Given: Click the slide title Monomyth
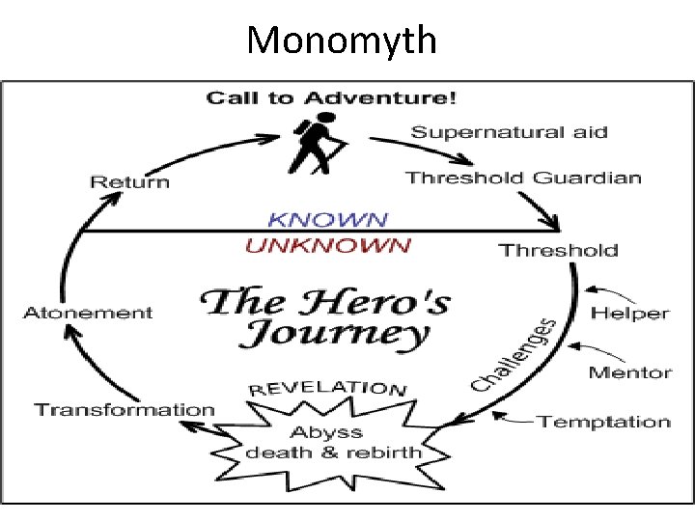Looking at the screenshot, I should tap(342, 41).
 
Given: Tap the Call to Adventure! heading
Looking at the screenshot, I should tap(331, 97).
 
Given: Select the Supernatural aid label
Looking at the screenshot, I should tap(510, 132).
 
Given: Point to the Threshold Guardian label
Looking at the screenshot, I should tap(523, 178).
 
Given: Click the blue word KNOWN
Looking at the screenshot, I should tap(327, 221).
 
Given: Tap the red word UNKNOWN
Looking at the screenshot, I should tap(327, 245).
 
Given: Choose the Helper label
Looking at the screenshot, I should tap(629, 313).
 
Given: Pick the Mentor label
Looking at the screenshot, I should tap(629, 372).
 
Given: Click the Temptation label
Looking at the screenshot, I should tap(603, 422).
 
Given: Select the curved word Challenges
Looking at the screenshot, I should tap(514, 356).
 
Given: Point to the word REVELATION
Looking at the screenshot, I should tap(327, 388).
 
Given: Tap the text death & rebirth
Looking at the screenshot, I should tap(333, 452).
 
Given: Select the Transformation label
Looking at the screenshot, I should tap(125, 409).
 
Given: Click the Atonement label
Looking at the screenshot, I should tap(88, 313).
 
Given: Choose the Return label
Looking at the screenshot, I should tap(129, 181).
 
